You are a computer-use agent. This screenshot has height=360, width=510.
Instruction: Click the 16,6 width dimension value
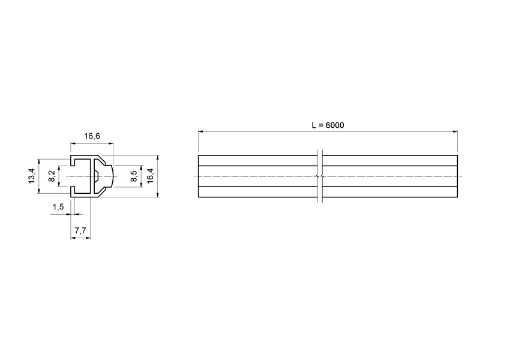point(91,137)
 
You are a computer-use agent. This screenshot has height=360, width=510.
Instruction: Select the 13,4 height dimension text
point(32,176)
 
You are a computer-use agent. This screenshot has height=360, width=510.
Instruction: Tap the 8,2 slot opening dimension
point(52,176)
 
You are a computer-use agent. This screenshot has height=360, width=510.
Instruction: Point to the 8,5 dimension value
point(134,176)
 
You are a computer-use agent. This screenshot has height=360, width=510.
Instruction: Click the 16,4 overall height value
point(150,176)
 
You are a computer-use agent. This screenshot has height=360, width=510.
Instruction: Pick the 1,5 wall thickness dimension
point(58,207)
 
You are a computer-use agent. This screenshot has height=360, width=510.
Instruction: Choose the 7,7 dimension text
point(81,230)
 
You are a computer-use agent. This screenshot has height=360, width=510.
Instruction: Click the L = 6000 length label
point(328,125)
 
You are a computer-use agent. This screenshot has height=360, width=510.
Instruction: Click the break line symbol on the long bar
point(320,176)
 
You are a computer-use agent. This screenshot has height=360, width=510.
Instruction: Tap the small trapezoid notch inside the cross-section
point(96,176)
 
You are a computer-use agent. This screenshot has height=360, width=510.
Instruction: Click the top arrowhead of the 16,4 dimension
point(157,158)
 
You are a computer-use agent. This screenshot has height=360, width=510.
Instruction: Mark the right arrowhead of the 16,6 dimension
point(111,143)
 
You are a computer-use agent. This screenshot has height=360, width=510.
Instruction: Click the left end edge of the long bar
point(198,176)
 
